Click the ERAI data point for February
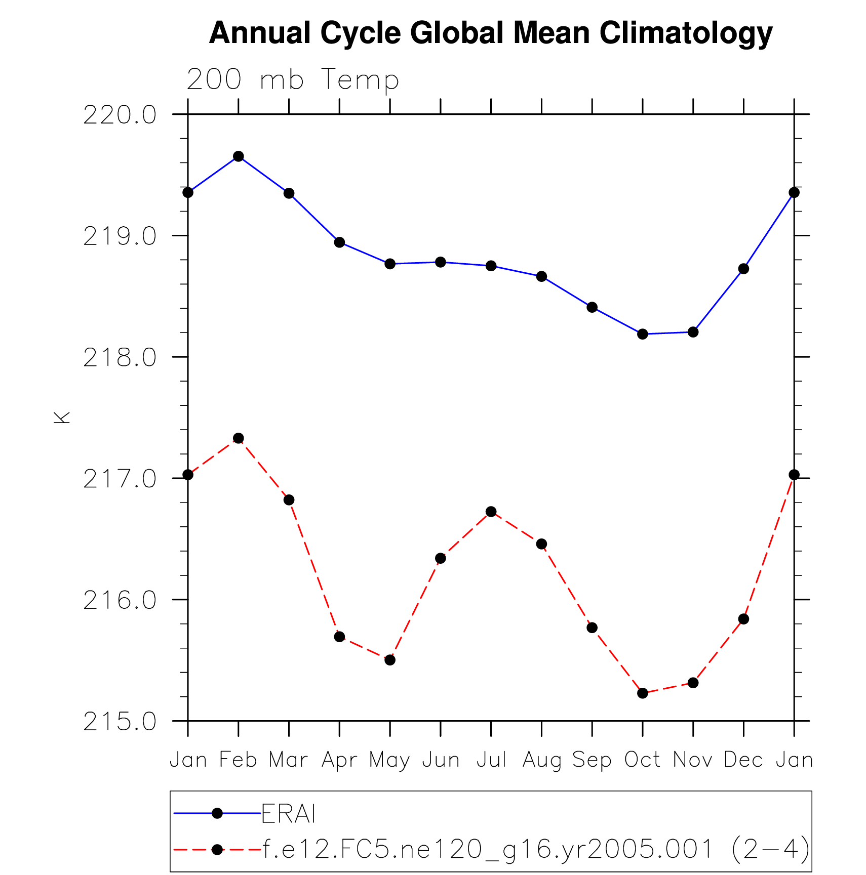(238, 156)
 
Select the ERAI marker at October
(642, 334)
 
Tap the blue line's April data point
(339, 242)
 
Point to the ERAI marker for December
(743, 269)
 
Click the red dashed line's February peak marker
(238, 438)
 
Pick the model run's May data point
(389, 660)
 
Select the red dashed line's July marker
(491, 512)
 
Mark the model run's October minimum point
(642, 693)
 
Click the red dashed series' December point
(743, 619)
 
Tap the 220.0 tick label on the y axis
(120, 116)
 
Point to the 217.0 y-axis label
(120, 479)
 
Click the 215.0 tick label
(120, 722)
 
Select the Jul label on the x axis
(491, 760)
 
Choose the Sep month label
(592, 760)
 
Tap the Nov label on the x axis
(692, 760)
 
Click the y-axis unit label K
(62, 418)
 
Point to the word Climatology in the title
(686, 33)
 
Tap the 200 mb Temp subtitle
(293, 80)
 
